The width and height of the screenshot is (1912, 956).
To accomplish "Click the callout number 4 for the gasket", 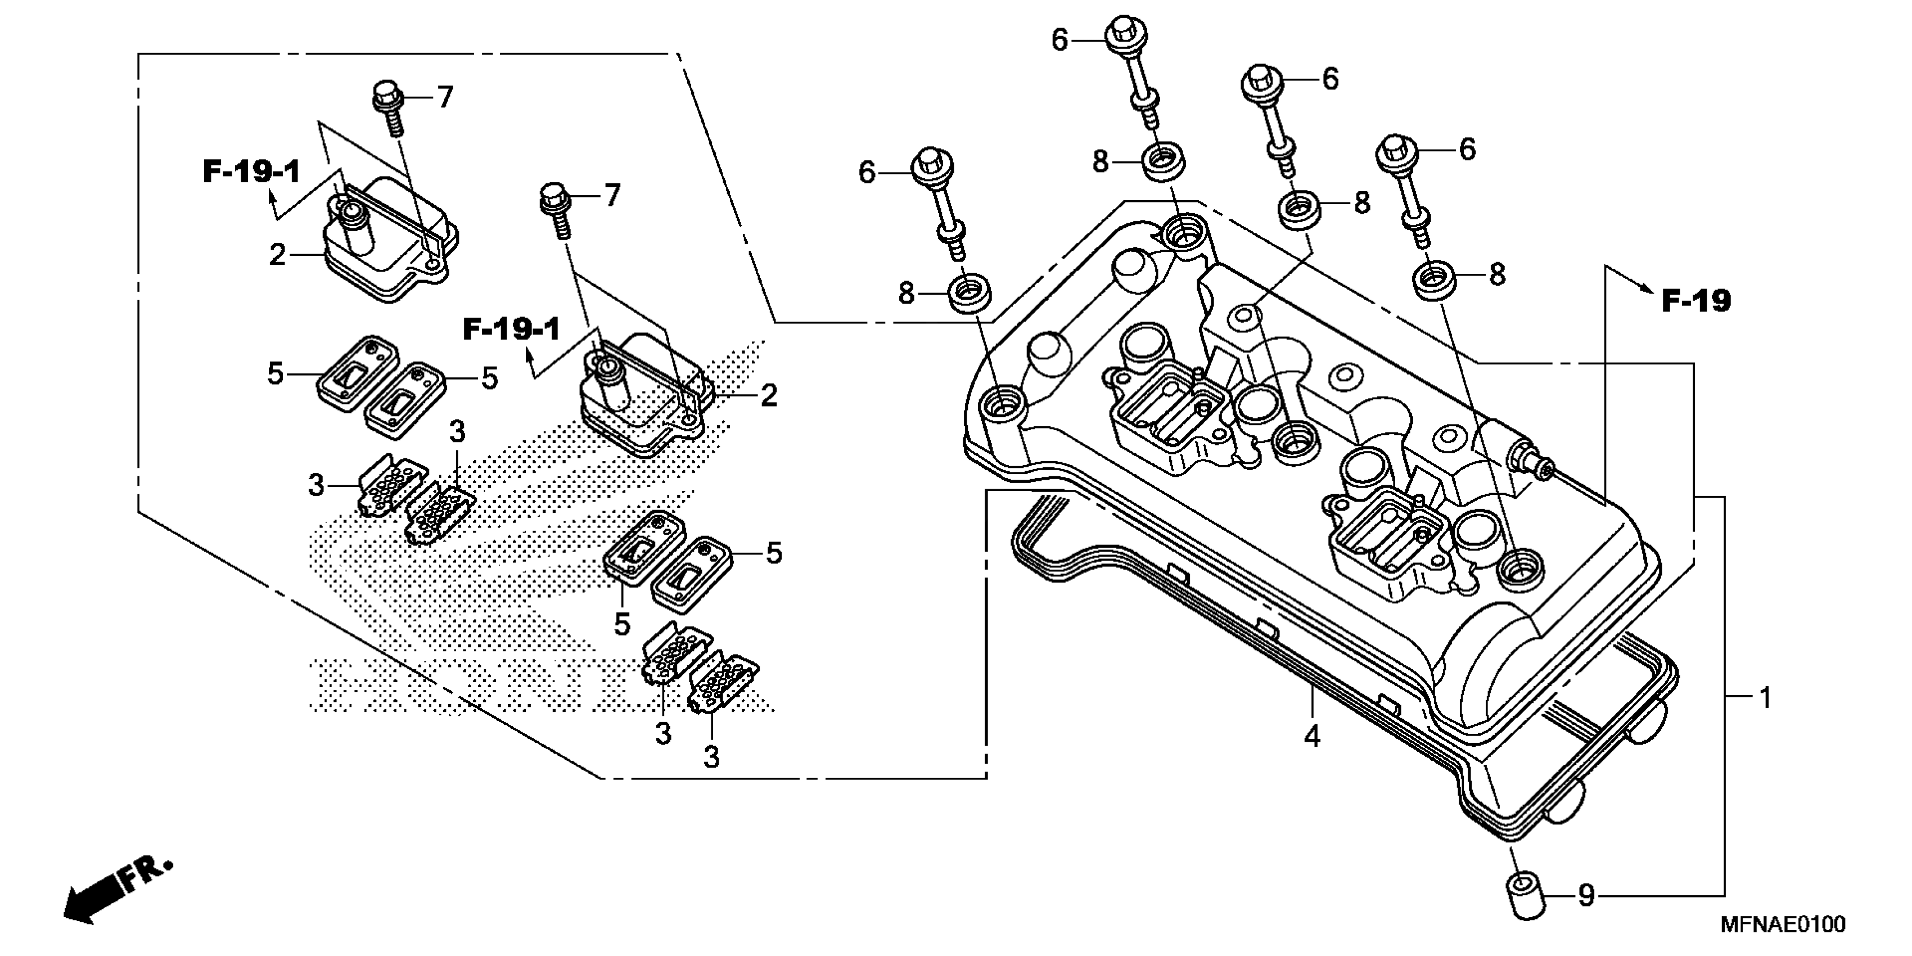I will click(1313, 736).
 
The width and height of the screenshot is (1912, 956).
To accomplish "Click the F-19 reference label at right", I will click(1695, 301).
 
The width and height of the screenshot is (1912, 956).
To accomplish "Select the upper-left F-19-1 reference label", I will click(251, 172).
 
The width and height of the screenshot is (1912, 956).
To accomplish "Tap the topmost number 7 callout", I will click(445, 97).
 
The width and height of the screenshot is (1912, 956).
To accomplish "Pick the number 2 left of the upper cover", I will click(277, 255).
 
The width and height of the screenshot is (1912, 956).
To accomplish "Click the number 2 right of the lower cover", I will click(768, 395).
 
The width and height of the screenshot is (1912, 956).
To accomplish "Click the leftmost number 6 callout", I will click(867, 173).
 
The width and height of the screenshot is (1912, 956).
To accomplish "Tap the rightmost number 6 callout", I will click(1467, 149).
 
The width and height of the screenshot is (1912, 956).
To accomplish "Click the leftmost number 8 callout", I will click(907, 293).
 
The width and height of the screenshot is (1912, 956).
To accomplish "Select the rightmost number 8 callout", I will click(1497, 274).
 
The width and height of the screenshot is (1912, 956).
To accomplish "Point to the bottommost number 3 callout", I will click(711, 757).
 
